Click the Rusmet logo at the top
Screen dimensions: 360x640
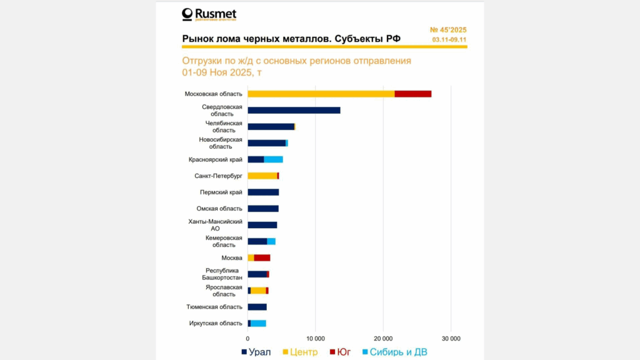(209, 14)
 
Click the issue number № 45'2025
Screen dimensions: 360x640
(448, 30)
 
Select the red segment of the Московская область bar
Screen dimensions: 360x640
(412, 94)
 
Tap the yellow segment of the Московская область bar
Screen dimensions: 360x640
(321, 94)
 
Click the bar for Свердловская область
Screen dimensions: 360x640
(294, 110)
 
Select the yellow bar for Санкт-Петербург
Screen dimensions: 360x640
(262, 176)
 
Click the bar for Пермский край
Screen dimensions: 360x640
(263, 192)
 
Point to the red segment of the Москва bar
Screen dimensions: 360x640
(262, 257)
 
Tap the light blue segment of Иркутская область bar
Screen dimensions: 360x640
(258, 323)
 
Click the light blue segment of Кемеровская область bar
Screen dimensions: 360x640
(271, 241)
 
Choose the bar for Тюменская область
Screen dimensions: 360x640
(257, 307)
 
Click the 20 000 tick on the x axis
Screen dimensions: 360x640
(383, 338)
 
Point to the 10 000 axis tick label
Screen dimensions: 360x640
(315, 338)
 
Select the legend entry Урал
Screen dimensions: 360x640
(256, 352)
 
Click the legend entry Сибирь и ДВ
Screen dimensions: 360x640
(394, 352)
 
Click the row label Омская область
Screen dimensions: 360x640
(219, 209)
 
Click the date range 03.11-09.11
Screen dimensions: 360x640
(449, 40)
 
